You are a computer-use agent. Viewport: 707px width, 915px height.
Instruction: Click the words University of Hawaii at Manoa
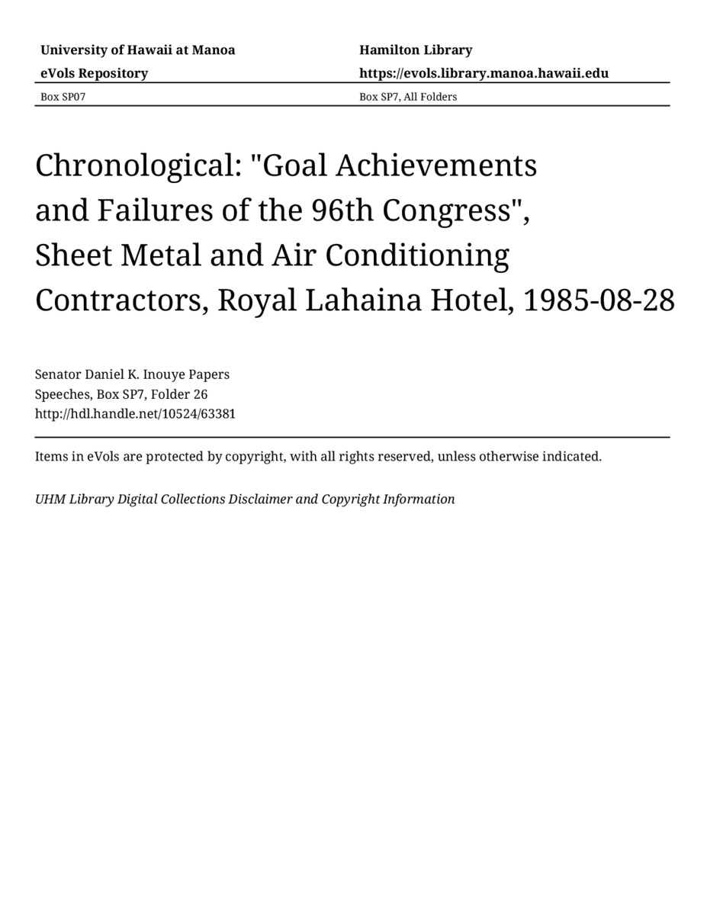coord(137,50)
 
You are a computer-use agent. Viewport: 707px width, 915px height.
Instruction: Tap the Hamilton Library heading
coord(416,50)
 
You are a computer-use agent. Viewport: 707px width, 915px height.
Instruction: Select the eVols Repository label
coord(94,73)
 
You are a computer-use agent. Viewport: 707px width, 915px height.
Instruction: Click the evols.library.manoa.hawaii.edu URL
coord(484,73)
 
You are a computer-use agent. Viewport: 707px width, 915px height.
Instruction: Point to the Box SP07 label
coord(58,97)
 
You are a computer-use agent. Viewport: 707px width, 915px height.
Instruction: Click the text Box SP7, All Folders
coord(408,97)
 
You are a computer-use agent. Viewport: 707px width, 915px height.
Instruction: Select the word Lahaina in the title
coord(363,300)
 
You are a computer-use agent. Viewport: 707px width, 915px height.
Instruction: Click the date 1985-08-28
coord(599,300)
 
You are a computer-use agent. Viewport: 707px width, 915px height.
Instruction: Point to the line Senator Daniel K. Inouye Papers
coord(132,374)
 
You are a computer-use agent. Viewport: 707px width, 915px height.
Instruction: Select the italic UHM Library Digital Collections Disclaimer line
coord(245,499)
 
